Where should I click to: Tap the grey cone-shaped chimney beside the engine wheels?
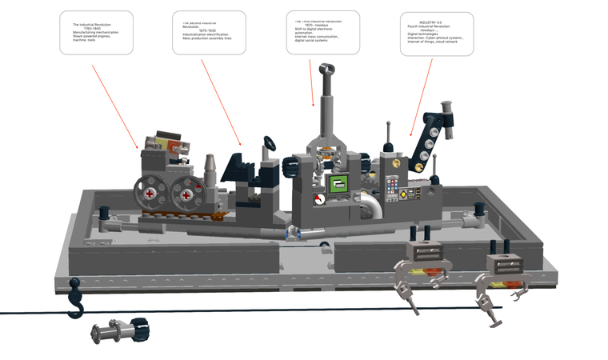point(210,166)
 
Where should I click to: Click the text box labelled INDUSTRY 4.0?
point(436,34)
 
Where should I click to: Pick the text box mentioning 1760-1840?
point(96,33)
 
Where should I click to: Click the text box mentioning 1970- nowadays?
point(322,33)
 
